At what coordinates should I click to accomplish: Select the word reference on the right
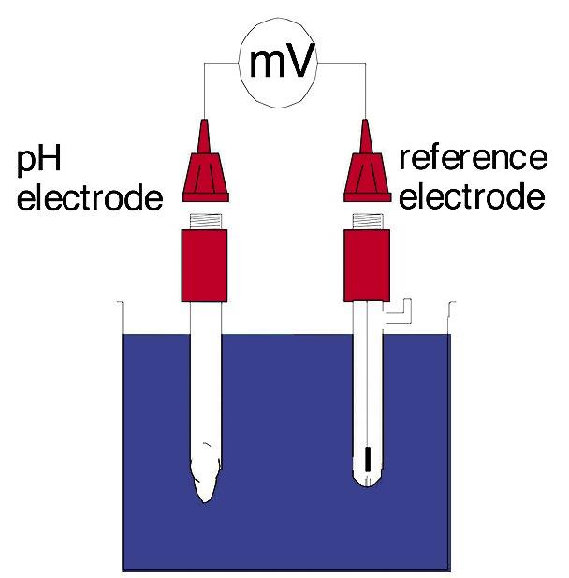click(x=472, y=158)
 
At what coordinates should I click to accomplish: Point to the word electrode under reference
click(x=472, y=197)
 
